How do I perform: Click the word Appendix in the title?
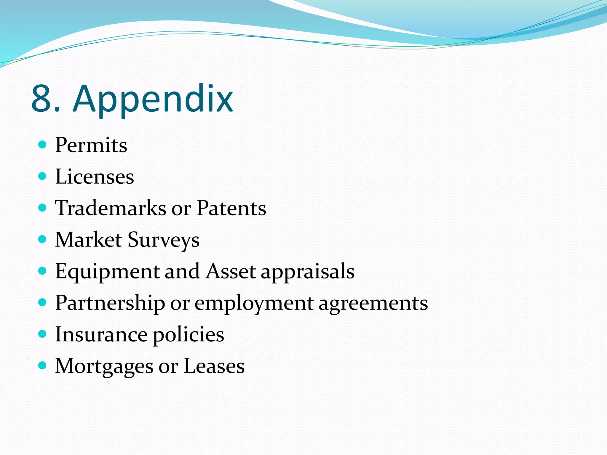(x=153, y=99)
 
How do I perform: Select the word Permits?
(x=91, y=145)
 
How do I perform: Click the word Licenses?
(x=95, y=177)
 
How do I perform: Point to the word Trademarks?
(x=111, y=208)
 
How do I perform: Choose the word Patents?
(x=231, y=208)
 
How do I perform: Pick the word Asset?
(x=231, y=271)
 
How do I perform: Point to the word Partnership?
(x=110, y=303)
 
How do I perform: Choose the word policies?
(x=189, y=335)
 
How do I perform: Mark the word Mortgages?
(x=104, y=367)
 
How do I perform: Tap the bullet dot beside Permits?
(x=43, y=145)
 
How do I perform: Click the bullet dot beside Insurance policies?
(x=43, y=334)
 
